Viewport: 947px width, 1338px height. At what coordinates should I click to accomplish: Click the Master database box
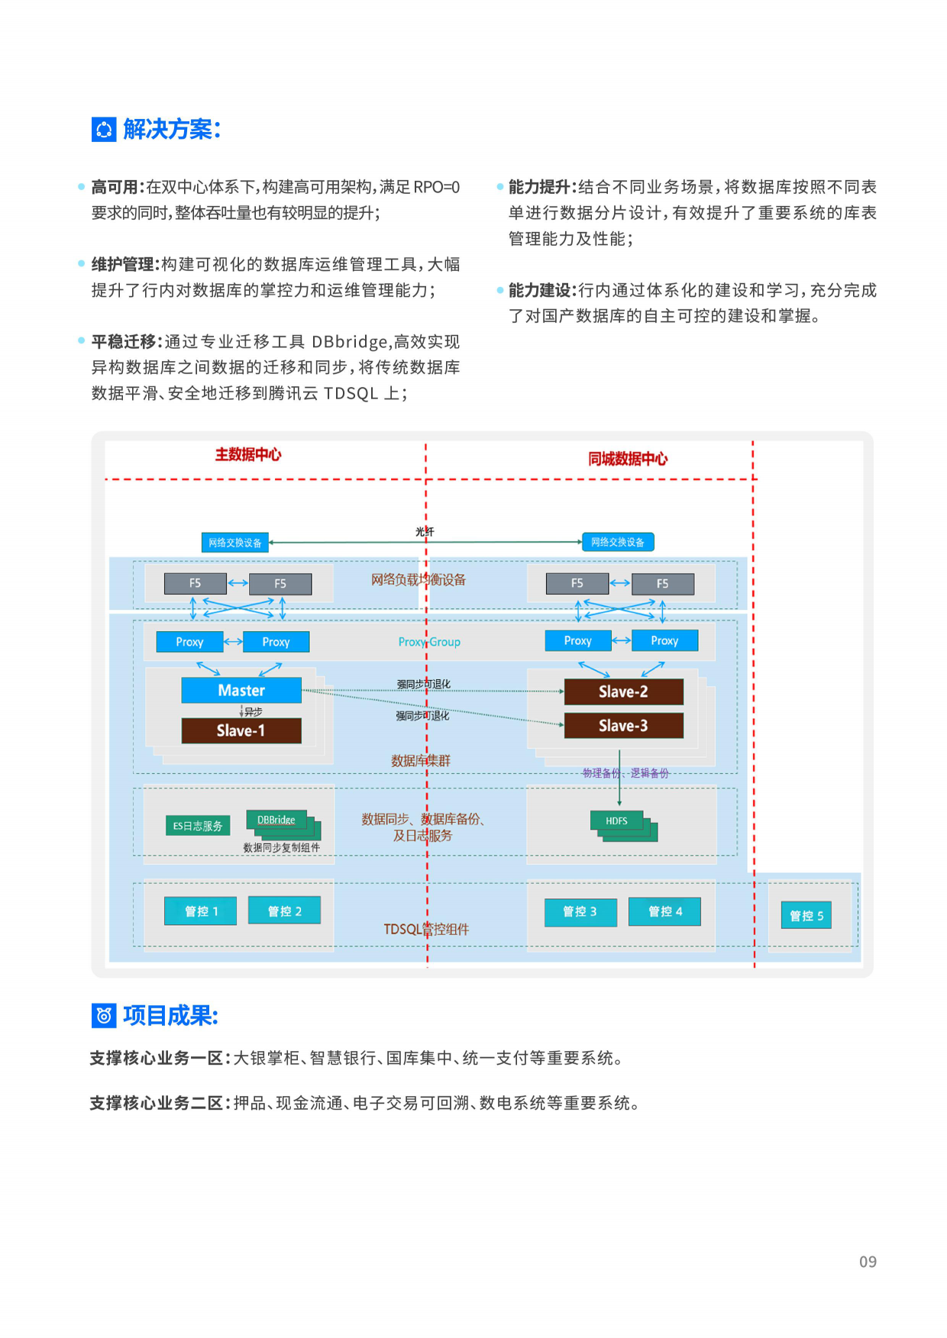[x=241, y=690]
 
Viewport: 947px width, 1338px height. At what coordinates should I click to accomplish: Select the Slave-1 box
[x=241, y=730]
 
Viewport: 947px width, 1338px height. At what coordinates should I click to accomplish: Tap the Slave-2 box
[x=623, y=692]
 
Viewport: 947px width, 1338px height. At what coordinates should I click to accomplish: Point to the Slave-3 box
[x=623, y=725]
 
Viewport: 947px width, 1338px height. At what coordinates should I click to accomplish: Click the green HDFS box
[x=617, y=821]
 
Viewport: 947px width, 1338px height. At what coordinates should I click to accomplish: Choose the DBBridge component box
[x=276, y=820]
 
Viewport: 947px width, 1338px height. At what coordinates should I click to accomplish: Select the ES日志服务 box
[x=198, y=826]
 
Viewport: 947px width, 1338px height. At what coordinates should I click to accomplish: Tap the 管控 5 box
[x=806, y=915]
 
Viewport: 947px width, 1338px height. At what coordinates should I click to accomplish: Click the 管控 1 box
[x=201, y=911]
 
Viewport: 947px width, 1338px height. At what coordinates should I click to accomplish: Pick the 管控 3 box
[x=580, y=911]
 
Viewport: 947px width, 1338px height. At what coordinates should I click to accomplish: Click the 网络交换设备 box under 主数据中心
[x=234, y=543]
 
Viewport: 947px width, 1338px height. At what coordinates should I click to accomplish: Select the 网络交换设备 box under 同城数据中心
[x=618, y=542]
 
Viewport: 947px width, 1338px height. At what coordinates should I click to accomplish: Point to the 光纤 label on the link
[x=425, y=531]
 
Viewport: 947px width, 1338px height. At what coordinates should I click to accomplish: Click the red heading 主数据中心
[x=247, y=454]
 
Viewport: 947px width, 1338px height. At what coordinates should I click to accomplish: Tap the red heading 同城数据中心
[x=627, y=459]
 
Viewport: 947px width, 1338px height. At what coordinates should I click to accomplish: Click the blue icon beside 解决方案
[x=104, y=130]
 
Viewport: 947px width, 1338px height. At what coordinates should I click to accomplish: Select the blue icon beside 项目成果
[x=104, y=1015]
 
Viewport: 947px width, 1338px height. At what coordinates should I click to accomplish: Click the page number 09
[x=868, y=1262]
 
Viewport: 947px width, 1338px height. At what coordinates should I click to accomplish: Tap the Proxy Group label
[x=429, y=642]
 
